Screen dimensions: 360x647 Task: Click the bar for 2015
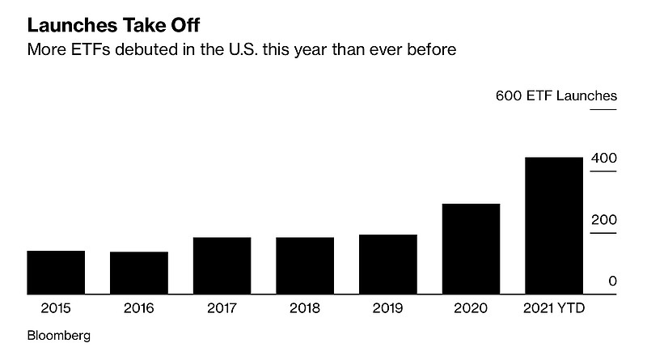[56, 273]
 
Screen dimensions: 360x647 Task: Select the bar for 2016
[138, 273]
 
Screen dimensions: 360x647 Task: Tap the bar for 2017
[222, 265]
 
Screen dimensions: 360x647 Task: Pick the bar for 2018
[305, 265]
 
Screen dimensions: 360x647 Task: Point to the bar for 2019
[387, 265]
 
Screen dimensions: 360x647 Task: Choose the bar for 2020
[471, 249]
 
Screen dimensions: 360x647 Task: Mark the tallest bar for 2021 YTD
[554, 226]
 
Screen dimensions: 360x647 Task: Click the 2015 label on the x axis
[56, 308]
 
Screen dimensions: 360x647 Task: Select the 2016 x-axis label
[138, 308]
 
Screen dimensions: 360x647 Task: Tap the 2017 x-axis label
[222, 308]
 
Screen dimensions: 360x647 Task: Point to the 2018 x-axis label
[305, 308]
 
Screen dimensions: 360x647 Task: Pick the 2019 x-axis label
[387, 308]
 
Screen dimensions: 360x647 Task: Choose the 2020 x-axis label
[471, 308]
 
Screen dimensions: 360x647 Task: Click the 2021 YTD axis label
[555, 308]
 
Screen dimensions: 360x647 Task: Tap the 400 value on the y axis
[605, 158]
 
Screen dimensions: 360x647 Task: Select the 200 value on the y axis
[605, 220]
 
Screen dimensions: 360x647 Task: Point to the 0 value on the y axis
[612, 281]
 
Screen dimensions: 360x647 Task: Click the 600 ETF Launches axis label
[556, 96]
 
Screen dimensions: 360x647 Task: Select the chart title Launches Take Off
[113, 24]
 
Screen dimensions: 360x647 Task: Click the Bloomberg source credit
[59, 334]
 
